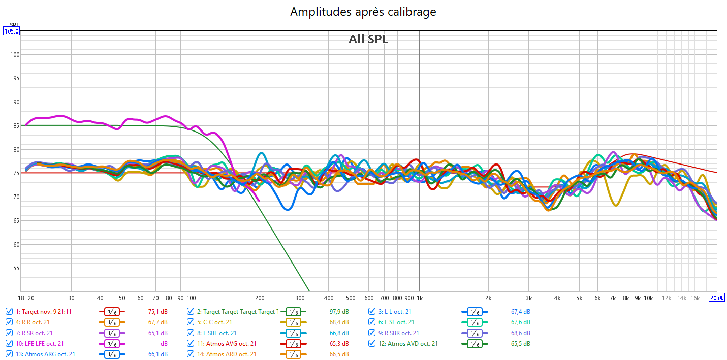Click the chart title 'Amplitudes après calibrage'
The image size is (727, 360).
363,12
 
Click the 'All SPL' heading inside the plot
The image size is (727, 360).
368,39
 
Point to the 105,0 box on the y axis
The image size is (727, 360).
11,31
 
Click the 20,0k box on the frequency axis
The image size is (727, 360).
716,298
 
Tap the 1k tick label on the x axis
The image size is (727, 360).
419,298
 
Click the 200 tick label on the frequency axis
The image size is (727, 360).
260,298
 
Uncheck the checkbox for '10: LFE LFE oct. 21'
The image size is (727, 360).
9,344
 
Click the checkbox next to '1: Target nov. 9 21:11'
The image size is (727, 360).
9,311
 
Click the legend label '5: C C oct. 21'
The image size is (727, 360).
214,322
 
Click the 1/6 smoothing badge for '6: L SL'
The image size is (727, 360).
475,322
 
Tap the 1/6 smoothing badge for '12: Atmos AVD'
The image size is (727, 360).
475,344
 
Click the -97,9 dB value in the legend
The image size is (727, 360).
338,312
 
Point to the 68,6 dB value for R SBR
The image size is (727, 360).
520,333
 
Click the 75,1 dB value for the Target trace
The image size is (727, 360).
157,312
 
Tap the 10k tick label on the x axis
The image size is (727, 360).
648,298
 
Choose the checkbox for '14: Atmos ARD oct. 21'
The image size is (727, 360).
191,354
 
